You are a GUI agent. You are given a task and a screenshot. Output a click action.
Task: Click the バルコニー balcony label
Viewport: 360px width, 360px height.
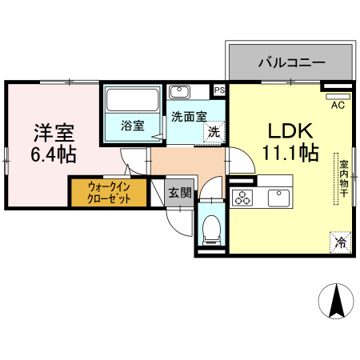(x=290, y=61)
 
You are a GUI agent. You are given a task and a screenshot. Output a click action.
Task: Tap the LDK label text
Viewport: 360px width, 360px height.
(x=289, y=130)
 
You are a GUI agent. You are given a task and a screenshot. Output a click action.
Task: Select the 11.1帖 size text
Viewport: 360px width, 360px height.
(x=290, y=154)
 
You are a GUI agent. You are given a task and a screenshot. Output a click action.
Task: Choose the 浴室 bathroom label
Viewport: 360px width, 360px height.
(x=132, y=126)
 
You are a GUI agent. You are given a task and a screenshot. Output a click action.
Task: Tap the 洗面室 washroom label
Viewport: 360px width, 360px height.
(x=189, y=116)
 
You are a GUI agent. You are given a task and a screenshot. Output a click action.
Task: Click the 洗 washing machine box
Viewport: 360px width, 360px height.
(x=214, y=132)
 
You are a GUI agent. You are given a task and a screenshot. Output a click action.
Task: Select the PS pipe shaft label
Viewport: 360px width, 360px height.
(x=219, y=90)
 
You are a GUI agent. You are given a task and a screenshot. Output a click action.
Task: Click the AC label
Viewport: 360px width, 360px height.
(x=337, y=103)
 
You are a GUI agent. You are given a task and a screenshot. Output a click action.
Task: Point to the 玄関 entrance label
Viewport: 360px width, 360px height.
(x=180, y=192)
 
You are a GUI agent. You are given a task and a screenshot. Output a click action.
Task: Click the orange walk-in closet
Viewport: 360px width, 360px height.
(x=108, y=193)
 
